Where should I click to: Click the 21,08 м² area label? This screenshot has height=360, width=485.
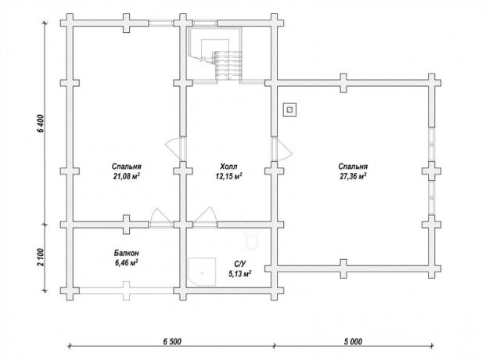pyautogui.click(x=127, y=177)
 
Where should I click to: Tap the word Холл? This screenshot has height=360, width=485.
pyautogui.click(x=229, y=167)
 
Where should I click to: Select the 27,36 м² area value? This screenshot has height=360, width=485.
pyautogui.click(x=353, y=177)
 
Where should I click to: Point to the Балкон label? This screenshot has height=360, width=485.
pyautogui.click(x=126, y=254)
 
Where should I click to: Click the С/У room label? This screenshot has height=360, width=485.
pyautogui.click(x=240, y=264)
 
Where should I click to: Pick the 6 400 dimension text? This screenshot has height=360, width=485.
pyautogui.click(x=41, y=124)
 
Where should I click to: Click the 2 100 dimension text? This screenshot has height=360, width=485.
pyautogui.click(x=41, y=257)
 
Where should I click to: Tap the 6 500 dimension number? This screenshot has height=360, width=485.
pyautogui.click(x=172, y=342)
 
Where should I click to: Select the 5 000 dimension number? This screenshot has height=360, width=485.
pyautogui.click(x=353, y=342)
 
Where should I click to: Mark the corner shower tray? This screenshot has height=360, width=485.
pyautogui.click(x=202, y=272)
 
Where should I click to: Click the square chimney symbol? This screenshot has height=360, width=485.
pyautogui.click(x=289, y=110)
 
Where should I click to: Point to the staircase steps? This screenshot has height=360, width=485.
pyautogui.click(x=228, y=66)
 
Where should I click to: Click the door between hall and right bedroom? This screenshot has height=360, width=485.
pyautogui.click(x=282, y=149)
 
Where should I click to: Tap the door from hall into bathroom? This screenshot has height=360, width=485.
pyautogui.click(x=206, y=217)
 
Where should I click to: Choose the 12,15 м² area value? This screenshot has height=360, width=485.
pyautogui.click(x=229, y=177)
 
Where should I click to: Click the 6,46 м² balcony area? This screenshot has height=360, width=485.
pyautogui.click(x=126, y=263)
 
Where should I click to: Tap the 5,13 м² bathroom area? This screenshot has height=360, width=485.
pyautogui.click(x=240, y=274)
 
